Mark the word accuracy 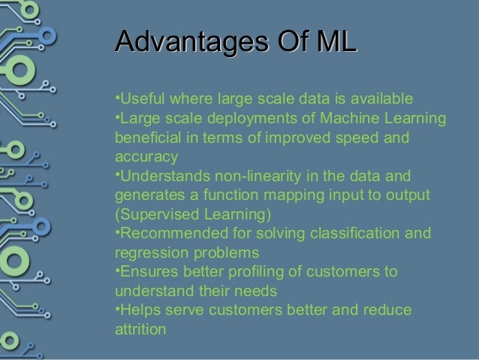(146, 158)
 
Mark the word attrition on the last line (139, 328)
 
